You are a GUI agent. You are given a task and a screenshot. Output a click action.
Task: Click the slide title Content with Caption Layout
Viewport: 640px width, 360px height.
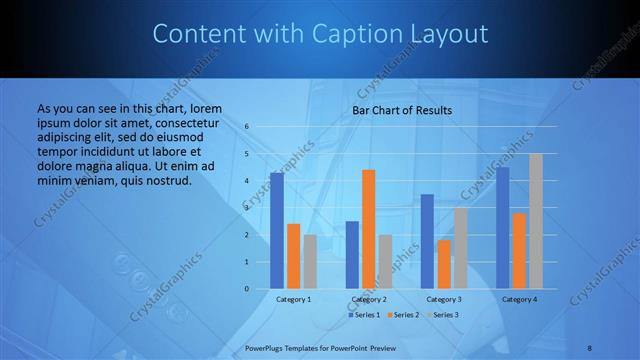pos(320,34)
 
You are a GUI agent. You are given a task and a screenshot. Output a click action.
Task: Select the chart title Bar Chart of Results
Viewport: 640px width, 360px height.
pos(402,110)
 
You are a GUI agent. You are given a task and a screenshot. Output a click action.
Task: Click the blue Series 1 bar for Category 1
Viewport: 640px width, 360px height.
pos(277,231)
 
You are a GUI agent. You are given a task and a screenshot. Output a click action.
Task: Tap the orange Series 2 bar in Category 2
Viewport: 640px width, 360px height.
pos(368,229)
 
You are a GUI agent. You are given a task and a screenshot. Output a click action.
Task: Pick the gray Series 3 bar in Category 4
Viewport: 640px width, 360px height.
pos(535,221)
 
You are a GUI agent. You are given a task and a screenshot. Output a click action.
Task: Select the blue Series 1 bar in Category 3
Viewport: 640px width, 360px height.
pos(427,241)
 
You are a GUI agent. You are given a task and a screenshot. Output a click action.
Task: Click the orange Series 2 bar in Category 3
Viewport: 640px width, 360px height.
pos(443,264)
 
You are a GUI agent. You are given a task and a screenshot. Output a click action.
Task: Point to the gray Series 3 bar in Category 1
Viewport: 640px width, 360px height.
pos(310,261)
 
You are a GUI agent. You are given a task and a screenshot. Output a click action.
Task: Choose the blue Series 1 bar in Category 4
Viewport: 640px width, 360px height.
pos(502,228)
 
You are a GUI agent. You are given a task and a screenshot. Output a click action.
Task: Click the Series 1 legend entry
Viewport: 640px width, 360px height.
pos(365,315)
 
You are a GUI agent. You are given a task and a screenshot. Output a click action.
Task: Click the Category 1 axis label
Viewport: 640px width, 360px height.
pos(293,299)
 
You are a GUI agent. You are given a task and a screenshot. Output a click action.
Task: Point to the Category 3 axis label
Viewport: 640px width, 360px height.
pos(443,299)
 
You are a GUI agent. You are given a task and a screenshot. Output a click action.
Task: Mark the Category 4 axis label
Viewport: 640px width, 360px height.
pos(519,299)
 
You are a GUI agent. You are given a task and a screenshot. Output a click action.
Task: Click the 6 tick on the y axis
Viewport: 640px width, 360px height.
pos(246,127)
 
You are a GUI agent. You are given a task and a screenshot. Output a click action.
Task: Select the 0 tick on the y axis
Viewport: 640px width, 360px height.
pos(246,289)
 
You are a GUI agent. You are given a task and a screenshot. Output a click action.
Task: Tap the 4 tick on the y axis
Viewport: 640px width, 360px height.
pos(246,181)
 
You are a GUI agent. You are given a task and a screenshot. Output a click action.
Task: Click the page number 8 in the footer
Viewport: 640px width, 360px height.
pos(589,346)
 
